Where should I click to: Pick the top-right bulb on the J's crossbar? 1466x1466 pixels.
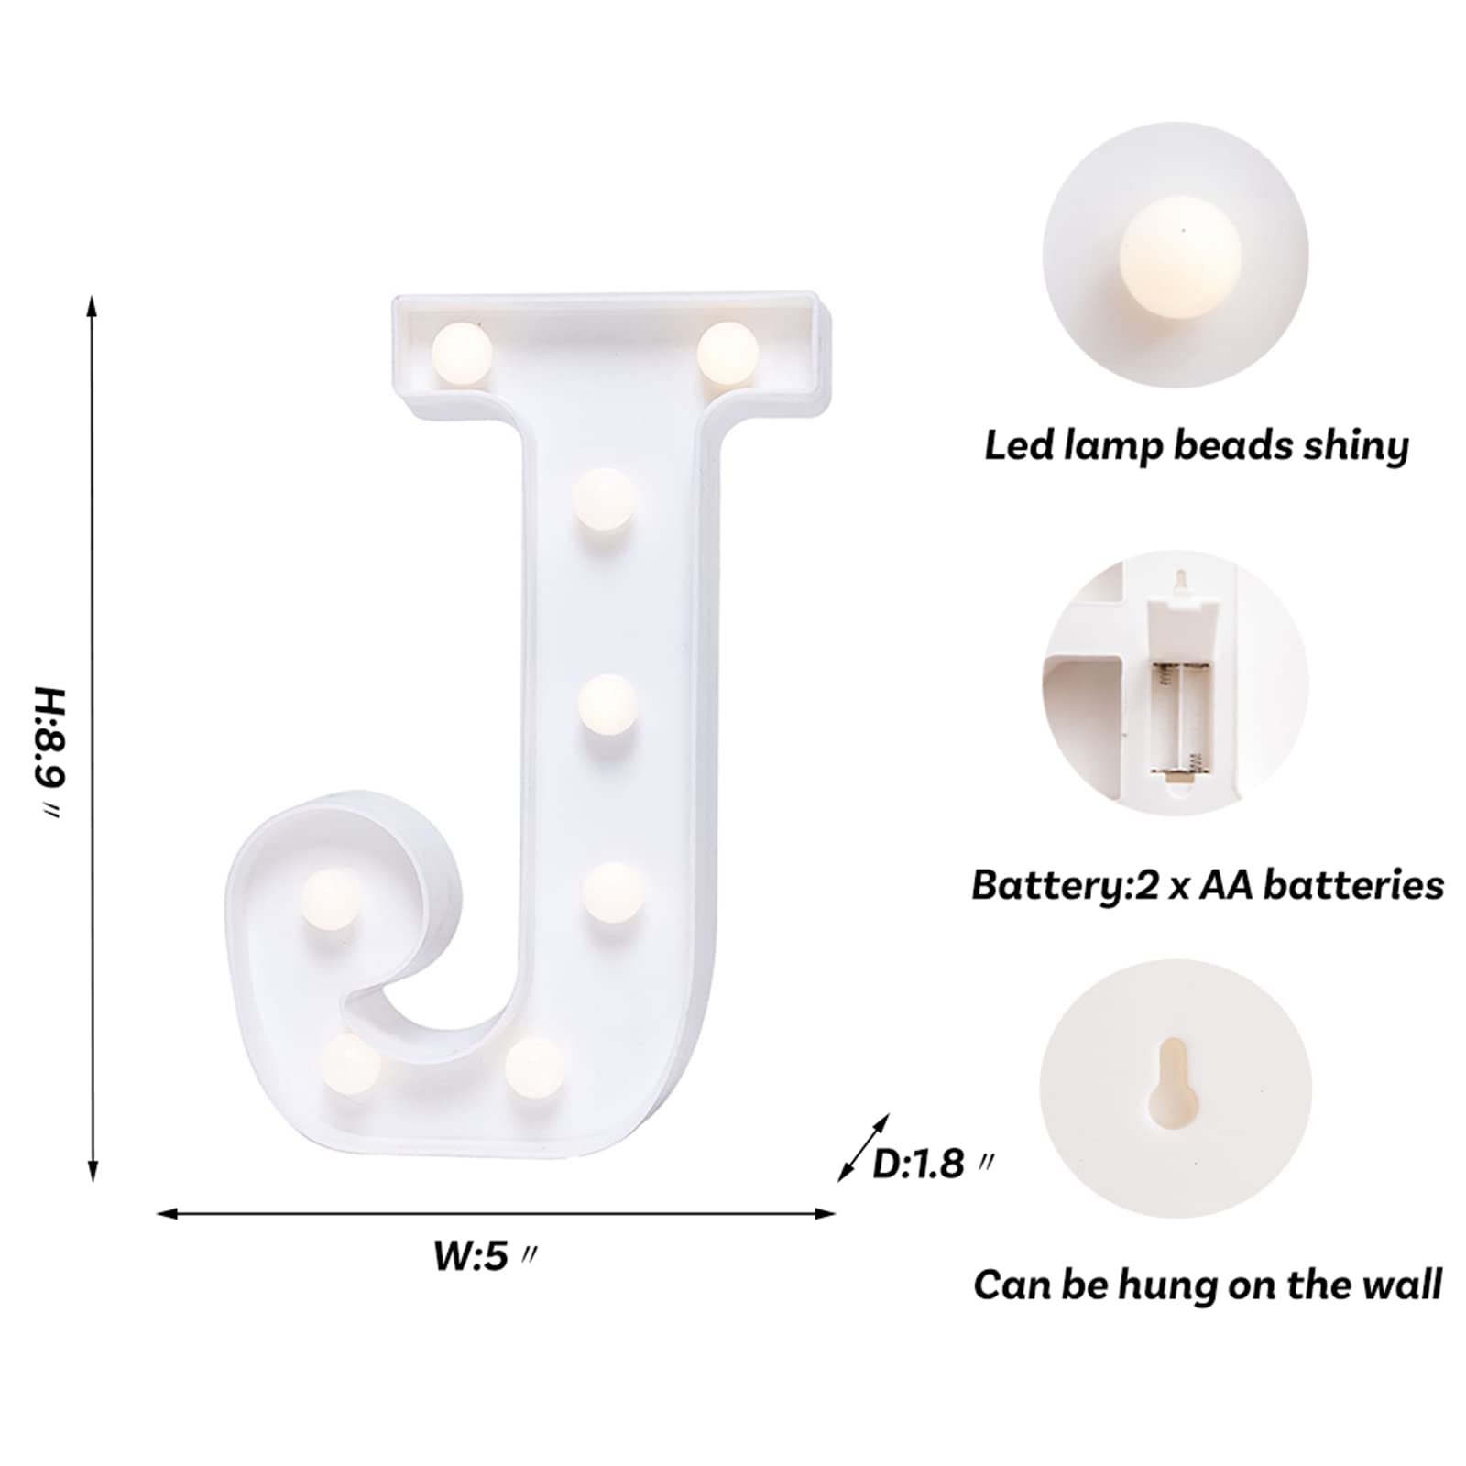(728, 352)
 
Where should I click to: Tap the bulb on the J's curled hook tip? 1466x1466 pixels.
(332, 898)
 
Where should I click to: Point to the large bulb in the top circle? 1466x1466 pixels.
(1180, 257)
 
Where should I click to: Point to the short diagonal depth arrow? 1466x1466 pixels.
(864, 1147)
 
